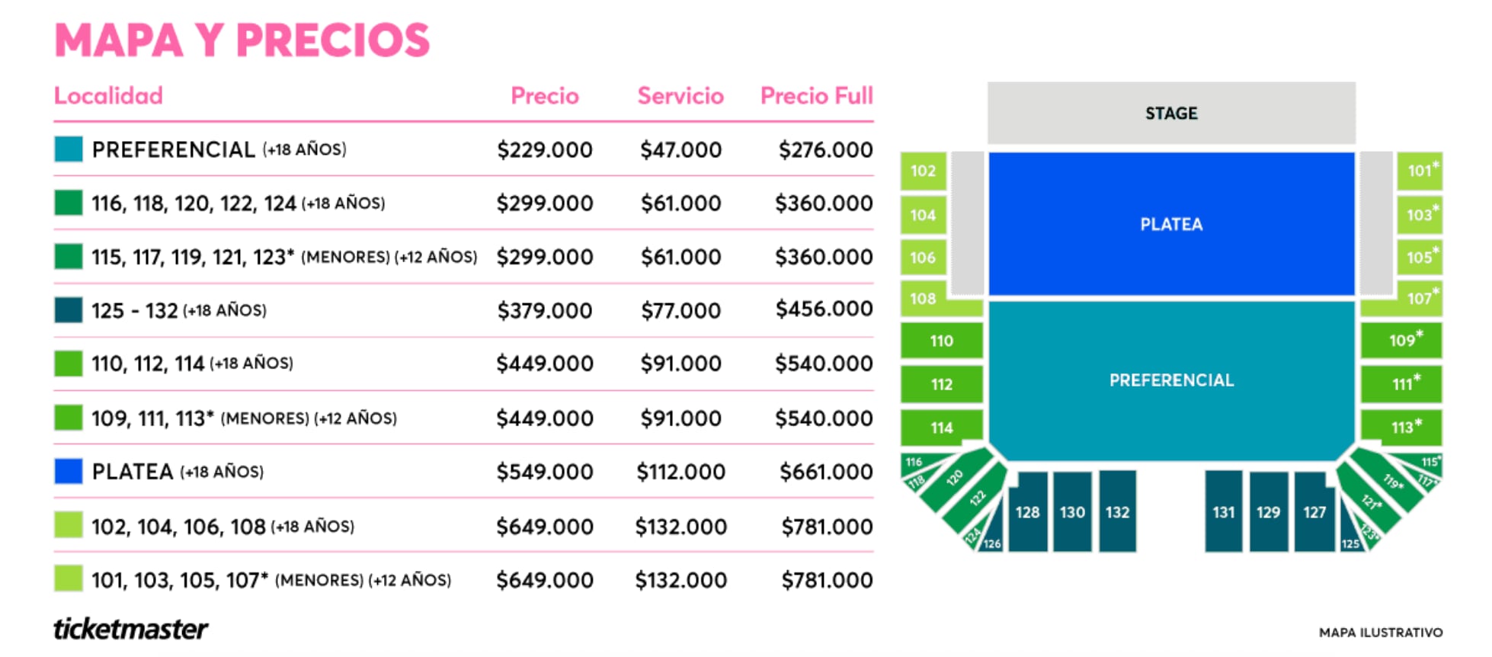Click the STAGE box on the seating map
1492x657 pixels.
click(x=1170, y=113)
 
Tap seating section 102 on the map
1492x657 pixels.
click(x=923, y=171)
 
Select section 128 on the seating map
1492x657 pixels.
click(x=1027, y=511)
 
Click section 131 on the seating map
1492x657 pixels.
click(x=1223, y=511)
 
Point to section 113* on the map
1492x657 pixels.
click(x=1401, y=428)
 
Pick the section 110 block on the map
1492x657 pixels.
click(x=941, y=341)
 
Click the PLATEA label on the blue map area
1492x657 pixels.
click(x=1170, y=224)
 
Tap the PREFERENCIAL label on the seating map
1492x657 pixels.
click(x=1170, y=380)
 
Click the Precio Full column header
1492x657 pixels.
click(x=816, y=96)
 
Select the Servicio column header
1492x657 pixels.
click(x=680, y=96)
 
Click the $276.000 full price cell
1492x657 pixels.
click(x=825, y=149)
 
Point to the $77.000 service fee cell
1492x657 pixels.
click(x=680, y=310)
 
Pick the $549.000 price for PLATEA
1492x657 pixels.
click(x=544, y=472)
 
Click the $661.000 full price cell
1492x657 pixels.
click(x=825, y=472)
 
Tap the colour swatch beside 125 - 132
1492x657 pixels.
click(x=69, y=310)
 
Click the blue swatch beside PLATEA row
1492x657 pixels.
click(x=69, y=472)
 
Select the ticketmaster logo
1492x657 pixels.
click(x=130, y=629)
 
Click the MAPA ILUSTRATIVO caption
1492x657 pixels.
click(x=1380, y=633)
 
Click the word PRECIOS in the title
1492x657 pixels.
click(x=333, y=40)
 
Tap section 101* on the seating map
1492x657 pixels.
click(x=1419, y=171)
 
